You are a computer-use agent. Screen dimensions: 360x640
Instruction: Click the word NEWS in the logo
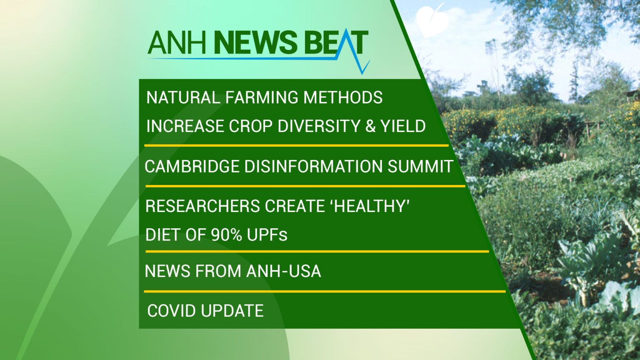(255, 43)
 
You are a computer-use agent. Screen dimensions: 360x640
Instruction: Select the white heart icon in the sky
(432, 21)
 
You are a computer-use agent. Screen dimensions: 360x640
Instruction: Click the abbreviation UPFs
(267, 235)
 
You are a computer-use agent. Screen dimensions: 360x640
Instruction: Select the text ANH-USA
(283, 271)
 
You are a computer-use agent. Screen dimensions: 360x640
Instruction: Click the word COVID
(171, 311)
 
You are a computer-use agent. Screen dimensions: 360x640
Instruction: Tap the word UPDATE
(232, 311)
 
